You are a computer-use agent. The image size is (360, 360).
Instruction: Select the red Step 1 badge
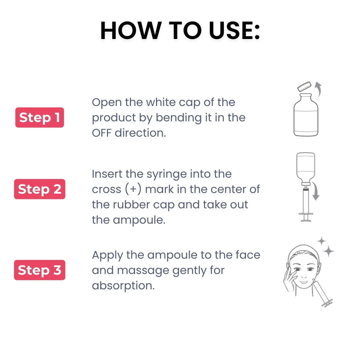39,117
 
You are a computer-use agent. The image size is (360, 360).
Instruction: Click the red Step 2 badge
39,189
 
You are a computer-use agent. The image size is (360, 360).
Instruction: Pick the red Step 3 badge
39,270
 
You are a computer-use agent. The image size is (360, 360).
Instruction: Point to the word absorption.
123,286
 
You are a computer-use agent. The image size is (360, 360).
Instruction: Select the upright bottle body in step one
306,117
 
